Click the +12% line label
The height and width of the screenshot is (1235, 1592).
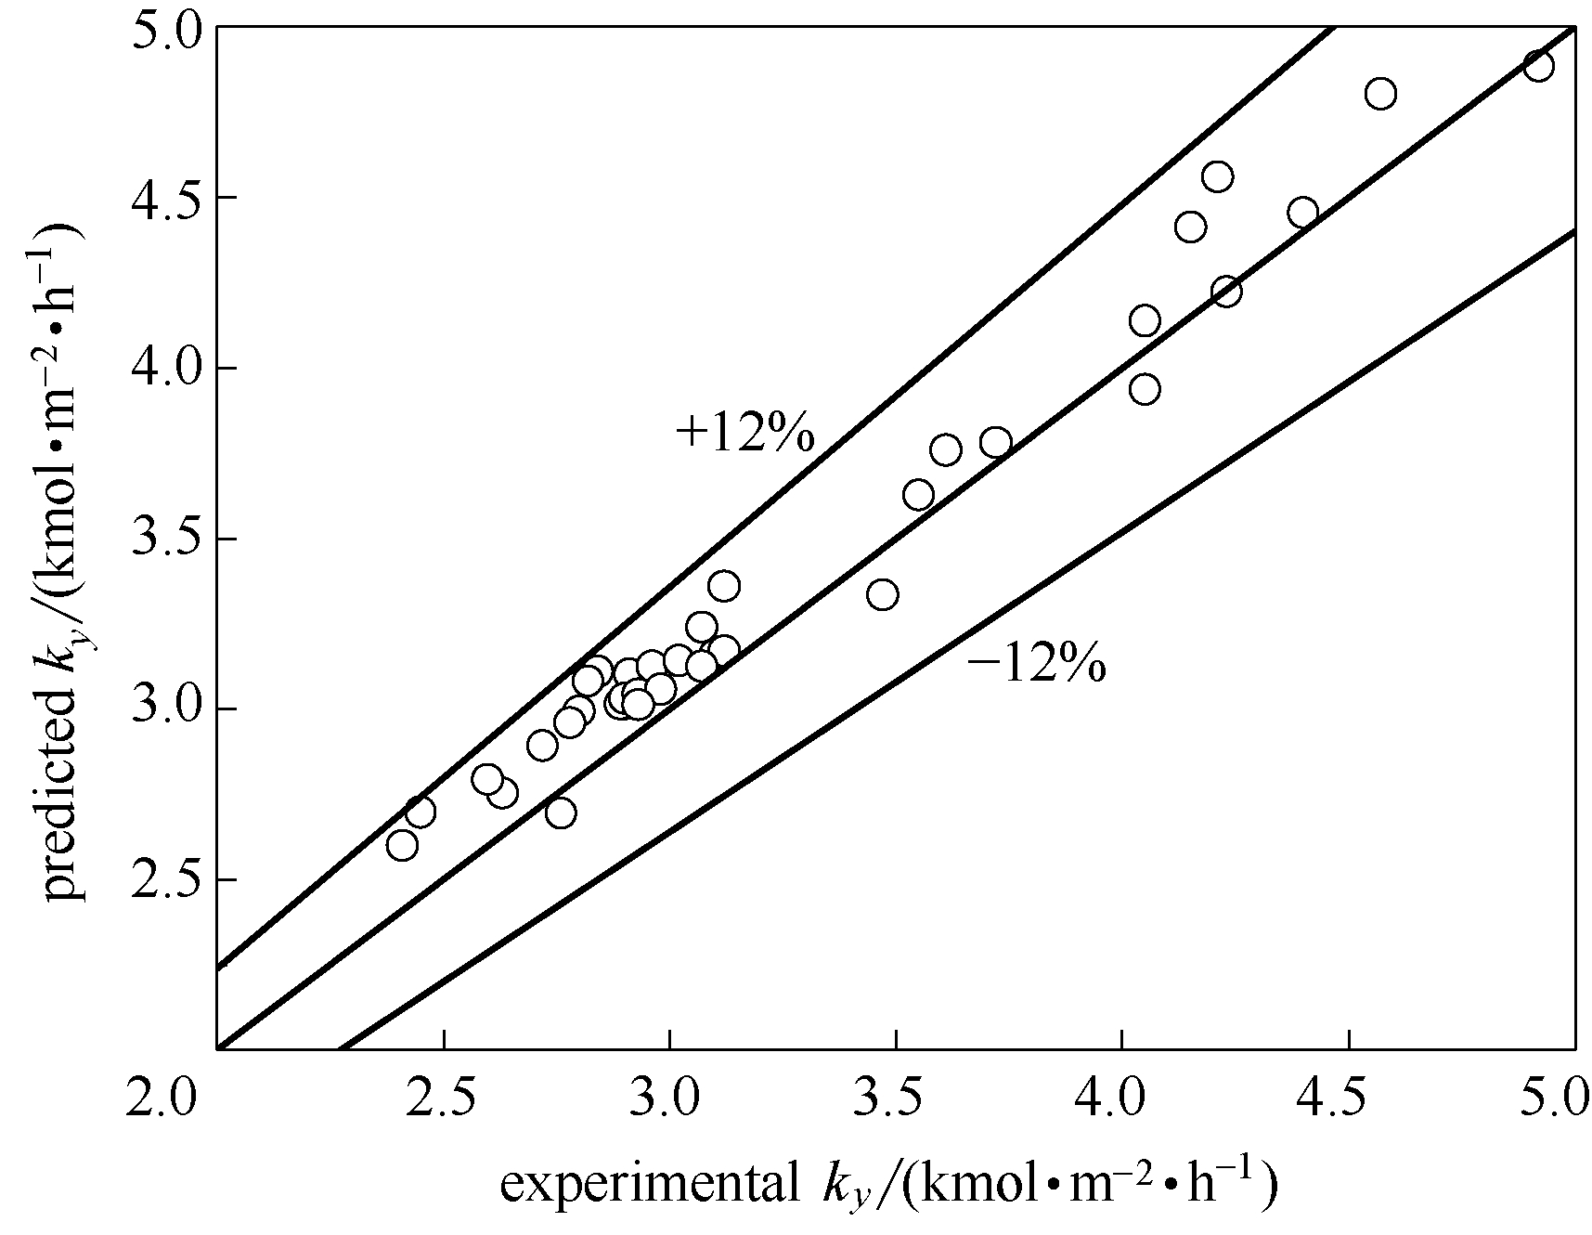tap(745, 433)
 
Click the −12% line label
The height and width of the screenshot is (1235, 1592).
tap(1037, 665)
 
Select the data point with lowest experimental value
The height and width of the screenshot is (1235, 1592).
tap(402, 846)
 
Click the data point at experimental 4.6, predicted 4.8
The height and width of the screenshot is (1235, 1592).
tap(1380, 94)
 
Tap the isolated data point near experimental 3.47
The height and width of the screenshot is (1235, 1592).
tap(882, 594)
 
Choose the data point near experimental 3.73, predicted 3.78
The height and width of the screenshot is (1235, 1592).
tap(996, 442)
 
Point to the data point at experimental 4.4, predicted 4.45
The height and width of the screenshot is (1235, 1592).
tap(1302, 213)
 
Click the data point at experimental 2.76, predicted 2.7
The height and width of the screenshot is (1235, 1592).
tap(561, 813)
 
